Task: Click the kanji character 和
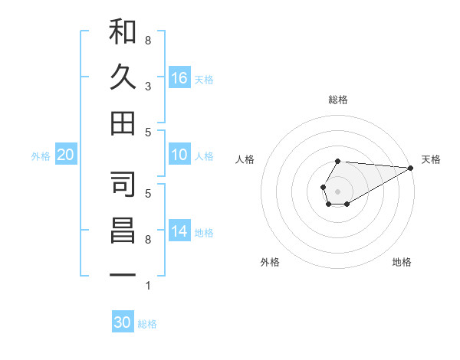click(x=123, y=32)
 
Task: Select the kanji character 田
click(x=123, y=123)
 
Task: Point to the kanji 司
click(x=123, y=185)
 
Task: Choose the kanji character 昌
click(x=123, y=231)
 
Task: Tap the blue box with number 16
click(x=179, y=78)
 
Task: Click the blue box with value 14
click(x=179, y=232)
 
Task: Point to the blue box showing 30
click(x=123, y=322)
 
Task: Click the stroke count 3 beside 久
click(x=147, y=86)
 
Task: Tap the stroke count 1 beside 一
click(x=147, y=286)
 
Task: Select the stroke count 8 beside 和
click(x=147, y=40)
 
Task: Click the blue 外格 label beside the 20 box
click(x=41, y=156)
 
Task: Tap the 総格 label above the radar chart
click(x=338, y=100)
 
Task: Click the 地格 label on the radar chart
click(x=402, y=262)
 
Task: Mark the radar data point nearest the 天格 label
click(x=410, y=168)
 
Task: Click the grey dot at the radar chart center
click(x=337, y=189)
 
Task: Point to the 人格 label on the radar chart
click(x=245, y=159)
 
